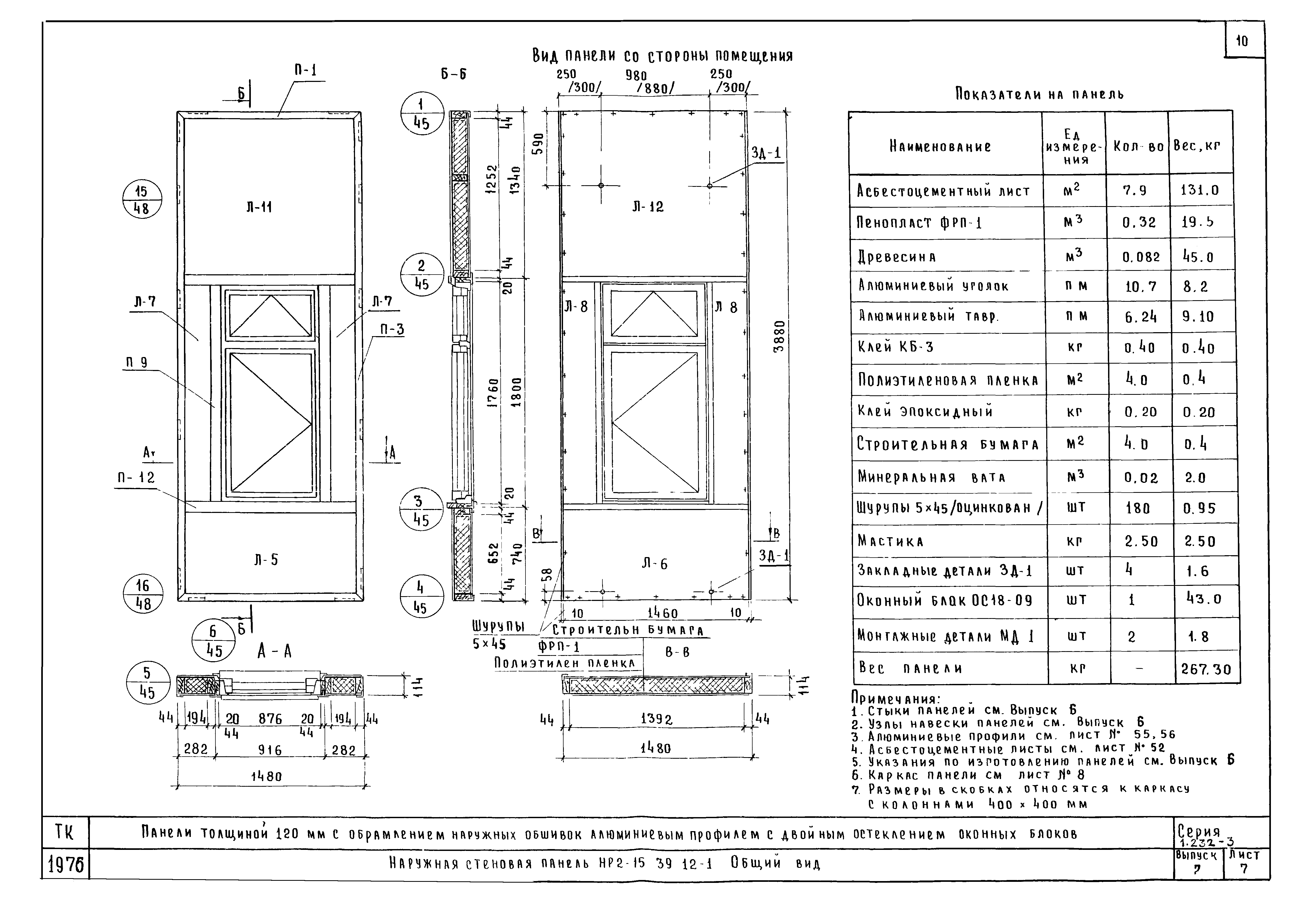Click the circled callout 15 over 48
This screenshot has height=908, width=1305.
coord(142,200)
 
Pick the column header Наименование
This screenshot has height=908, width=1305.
coord(940,147)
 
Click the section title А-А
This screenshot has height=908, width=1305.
coord(275,651)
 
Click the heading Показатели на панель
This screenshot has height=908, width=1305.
coord(1039,94)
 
